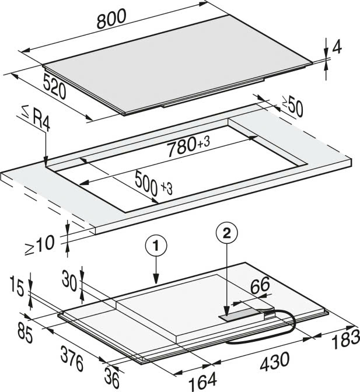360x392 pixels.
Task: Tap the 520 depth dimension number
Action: (54, 86)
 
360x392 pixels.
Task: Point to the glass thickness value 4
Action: (337, 47)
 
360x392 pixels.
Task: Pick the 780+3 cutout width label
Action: (188, 147)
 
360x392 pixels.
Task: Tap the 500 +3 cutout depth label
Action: (153, 184)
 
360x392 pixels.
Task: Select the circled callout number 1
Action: (156, 246)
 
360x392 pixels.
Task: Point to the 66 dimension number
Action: (260, 286)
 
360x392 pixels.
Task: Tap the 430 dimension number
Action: (275, 362)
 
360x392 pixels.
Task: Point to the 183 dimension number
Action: (345, 339)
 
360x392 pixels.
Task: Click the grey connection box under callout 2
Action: (242, 314)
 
